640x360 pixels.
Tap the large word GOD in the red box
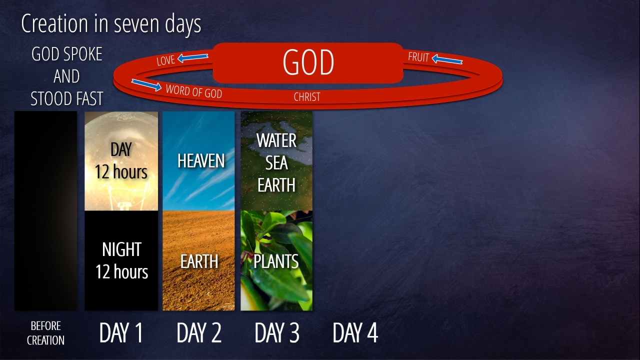coord(308,62)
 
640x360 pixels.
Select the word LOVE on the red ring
coord(165,60)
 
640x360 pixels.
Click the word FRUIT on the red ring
coord(418,57)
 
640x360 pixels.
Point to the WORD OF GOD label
coord(193,91)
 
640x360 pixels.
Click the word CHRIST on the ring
coord(307,97)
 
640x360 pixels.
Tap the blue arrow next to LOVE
coord(193,57)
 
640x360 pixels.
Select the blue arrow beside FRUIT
coord(447,59)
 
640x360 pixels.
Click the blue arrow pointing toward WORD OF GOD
coord(146,85)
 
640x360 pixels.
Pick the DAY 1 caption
coord(121,332)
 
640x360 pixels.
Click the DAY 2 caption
coord(199,332)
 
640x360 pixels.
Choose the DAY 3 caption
coord(277,332)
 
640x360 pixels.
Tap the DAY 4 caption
coord(355,332)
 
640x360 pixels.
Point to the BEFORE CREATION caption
coord(45,333)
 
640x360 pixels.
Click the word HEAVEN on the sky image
coord(201,160)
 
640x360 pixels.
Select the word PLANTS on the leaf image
coord(276,261)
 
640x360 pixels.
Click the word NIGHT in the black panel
coord(121,249)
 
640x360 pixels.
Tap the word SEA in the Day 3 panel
coord(276,163)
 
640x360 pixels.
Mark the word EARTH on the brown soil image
coord(199,261)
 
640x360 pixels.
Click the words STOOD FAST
coord(66,98)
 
